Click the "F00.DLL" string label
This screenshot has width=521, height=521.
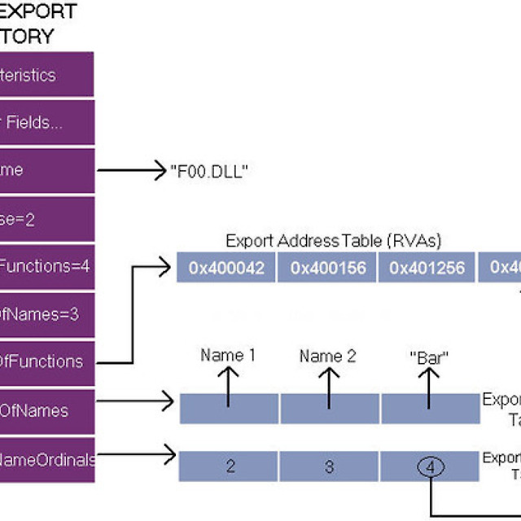coord(209,171)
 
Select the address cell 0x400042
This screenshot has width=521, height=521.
coord(226,268)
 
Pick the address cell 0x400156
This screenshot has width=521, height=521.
coord(328,268)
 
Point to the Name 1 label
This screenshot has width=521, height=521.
coord(228,355)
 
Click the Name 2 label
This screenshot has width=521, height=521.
coord(328,356)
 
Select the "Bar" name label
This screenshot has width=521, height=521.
coord(430,357)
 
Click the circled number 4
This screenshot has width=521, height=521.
coord(431,467)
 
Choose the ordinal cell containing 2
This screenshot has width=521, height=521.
coord(230,466)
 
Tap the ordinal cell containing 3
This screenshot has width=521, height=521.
coord(330,466)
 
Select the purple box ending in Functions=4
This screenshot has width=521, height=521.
coord(46,265)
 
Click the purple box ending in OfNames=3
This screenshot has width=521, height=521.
coord(46,313)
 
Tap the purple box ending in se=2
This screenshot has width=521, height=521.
coord(46,218)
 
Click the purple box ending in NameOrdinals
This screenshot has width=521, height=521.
coord(46,459)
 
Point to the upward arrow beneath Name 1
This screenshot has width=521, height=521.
coord(228,387)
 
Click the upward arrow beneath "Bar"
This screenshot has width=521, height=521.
coord(430,387)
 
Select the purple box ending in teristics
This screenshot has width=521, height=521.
coord(46,75)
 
